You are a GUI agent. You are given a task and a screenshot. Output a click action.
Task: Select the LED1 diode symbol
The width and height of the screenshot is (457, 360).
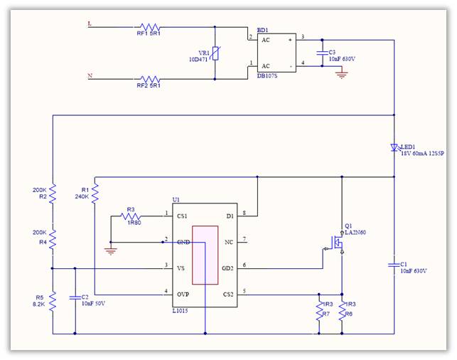pyautogui.click(x=394, y=148)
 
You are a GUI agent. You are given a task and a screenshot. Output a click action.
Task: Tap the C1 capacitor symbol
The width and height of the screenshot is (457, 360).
pyautogui.click(x=394, y=265)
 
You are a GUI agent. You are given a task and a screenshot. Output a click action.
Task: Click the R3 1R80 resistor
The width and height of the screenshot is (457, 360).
pyautogui.click(x=131, y=216)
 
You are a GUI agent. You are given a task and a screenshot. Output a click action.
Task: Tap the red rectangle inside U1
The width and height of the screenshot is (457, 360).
pyautogui.click(x=205, y=255)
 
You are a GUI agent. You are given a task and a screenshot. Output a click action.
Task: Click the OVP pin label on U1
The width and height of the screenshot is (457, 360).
pyautogui.click(x=183, y=292)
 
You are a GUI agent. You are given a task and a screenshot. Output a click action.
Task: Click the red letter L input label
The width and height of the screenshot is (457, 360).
pyautogui.click(x=89, y=23)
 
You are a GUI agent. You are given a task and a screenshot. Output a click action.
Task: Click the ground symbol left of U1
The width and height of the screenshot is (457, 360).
pyautogui.click(x=111, y=250)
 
